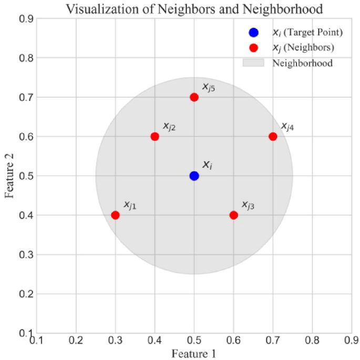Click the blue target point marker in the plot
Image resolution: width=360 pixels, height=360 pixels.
[194, 176]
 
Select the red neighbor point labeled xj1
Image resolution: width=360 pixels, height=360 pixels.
[116, 215]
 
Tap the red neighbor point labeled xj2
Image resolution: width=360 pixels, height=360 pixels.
[155, 137]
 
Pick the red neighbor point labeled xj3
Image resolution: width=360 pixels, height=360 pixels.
[234, 215]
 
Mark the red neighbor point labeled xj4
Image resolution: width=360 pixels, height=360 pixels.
[273, 137]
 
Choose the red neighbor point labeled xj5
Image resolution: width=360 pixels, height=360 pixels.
[194, 97]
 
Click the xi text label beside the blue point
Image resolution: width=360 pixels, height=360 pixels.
[208, 165]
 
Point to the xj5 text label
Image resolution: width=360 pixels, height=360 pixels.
[209, 87]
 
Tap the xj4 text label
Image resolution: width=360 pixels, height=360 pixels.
[287, 127]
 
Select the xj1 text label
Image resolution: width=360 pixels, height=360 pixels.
[130, 205]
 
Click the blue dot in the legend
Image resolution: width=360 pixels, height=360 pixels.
[254, 33]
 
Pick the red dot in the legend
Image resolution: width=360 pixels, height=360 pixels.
[254, 48]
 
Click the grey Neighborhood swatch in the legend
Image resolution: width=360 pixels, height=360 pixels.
[254, 63]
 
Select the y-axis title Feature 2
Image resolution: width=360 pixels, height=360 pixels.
[9, 176]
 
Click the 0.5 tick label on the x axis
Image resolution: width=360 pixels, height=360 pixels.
[194, 342]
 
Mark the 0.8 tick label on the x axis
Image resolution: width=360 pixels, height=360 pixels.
[312, 342]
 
